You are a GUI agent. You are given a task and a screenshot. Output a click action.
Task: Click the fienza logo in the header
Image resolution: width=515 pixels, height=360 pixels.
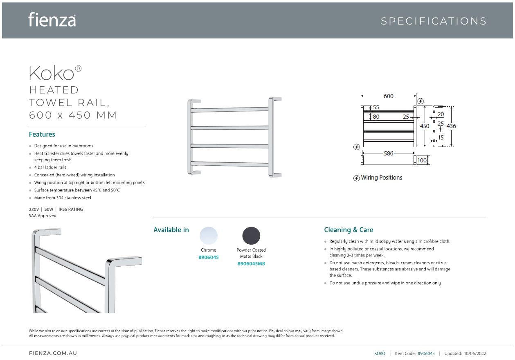[x=52, y=20]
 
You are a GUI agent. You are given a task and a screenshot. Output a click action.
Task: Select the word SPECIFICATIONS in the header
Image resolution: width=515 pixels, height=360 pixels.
[x=434, y=21]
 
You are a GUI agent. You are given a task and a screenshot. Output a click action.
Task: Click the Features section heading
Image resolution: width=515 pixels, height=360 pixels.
[x=42, y=134]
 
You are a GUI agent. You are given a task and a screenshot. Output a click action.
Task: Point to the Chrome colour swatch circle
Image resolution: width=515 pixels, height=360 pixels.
[x=209, y=236]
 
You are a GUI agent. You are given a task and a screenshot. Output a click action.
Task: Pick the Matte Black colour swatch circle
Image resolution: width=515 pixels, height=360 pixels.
[x=251, y=236]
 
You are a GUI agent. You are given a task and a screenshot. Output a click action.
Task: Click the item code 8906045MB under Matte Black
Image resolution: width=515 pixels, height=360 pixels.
[x=251, y=264]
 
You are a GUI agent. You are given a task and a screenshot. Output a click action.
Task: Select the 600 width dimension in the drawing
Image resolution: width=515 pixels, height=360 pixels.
[x=389, y=96]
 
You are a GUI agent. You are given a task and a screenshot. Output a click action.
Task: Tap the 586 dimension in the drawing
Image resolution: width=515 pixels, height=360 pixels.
[x=389, y=153]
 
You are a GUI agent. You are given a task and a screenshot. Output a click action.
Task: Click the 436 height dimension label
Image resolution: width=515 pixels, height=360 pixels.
[x=451, y=126]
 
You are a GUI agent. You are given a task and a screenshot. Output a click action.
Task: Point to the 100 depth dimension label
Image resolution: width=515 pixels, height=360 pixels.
[x=422, y=160]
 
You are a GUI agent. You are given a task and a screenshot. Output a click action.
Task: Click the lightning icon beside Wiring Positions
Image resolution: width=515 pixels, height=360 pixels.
[x=356, y=178]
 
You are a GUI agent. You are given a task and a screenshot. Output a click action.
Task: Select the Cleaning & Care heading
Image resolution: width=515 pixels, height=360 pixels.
[x=349, y=230]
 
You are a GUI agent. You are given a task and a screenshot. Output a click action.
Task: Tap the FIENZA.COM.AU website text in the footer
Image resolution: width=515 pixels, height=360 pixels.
[x=53, y=353]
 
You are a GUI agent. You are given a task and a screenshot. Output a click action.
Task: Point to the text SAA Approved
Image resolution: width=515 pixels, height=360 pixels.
[x=43, y=216]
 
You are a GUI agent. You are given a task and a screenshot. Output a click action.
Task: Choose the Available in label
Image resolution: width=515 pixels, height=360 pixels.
[x=171, y=230]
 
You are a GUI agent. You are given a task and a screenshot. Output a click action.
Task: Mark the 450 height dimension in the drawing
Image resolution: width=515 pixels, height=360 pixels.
[x=425, y=126]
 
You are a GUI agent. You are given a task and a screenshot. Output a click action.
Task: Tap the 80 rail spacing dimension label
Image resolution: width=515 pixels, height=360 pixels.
[x=376, y=117]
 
